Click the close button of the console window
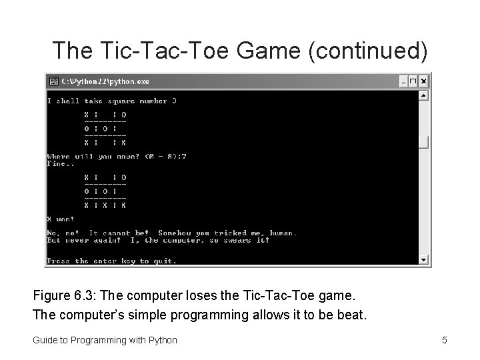pyautogui.click(x=424, y=81)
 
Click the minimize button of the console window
pyautogui.click(x=403, y=81)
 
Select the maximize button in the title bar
pyautogui.click(x=413, y=81)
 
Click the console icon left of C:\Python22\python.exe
pyautogui.click(x=53, y=81)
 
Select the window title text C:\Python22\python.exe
pyautogui.click(x=105, y=81)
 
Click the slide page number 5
pyautogui.click(x=444, y=340)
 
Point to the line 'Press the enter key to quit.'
pyautogui.click(x=112, y=261)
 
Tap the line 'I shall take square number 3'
pyautogui.click(x=112, y=101)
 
